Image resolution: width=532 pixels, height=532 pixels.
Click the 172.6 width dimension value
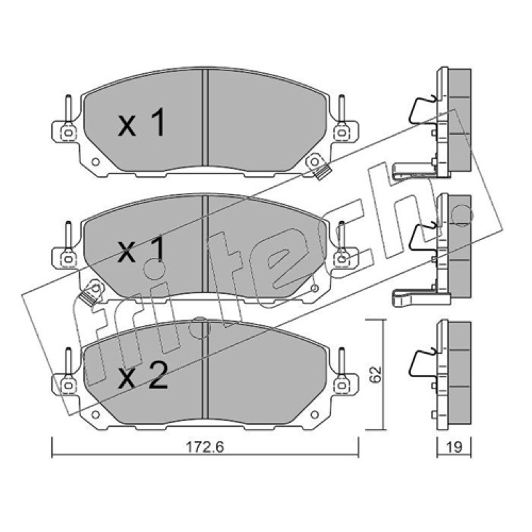205,447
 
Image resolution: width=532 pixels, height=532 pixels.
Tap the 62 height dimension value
376,374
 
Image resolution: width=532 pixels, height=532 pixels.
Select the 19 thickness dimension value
454,447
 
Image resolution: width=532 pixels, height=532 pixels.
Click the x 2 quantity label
142,376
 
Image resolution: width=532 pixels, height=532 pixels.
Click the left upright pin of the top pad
68,108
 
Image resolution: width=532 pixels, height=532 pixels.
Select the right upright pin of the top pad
342,108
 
